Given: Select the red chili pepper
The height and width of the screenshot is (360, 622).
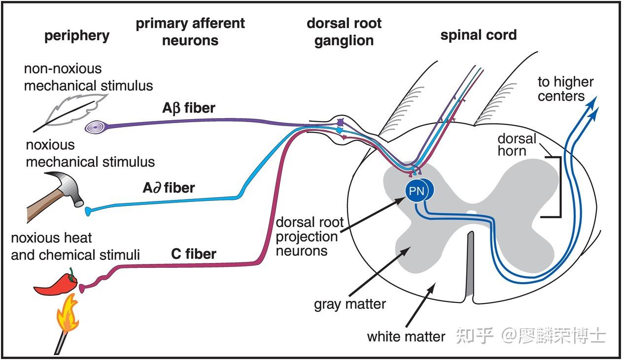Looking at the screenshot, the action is (x=56, y=285).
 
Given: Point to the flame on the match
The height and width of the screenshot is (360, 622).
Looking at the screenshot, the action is (x=67, y=314).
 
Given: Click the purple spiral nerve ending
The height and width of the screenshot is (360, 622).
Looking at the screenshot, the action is (x=95, y=128).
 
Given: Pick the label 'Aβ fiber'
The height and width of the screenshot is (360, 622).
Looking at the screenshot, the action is (x=189, y=108).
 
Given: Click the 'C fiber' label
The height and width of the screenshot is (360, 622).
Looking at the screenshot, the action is (x=194, y=254).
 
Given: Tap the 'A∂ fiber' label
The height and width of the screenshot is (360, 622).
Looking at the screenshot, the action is (x=169, y=188).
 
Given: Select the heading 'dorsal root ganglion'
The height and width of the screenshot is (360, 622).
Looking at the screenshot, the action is (x=344, y=32).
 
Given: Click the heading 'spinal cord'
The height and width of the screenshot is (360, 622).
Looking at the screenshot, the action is (x=479, y=35).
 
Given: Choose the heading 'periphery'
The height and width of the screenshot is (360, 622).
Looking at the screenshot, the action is (x=77, y=36).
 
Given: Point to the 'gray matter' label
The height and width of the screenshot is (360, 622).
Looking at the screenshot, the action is (x=350, y=304).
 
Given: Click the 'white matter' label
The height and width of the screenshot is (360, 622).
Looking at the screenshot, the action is (x=406, y=337).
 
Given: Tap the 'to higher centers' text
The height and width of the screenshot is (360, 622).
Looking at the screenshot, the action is (x=565, y=89).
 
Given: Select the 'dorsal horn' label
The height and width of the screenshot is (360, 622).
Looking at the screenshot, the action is (x=517, y=145).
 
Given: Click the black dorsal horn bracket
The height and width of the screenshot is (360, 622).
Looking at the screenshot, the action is (x=560, y=187).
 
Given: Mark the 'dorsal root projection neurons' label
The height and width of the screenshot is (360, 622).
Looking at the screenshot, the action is (x=310, y=237).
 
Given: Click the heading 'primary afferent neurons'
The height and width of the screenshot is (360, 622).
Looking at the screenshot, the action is (x=190, y=32).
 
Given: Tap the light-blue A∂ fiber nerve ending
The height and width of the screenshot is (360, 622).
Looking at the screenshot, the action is (x=88, y=211).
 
